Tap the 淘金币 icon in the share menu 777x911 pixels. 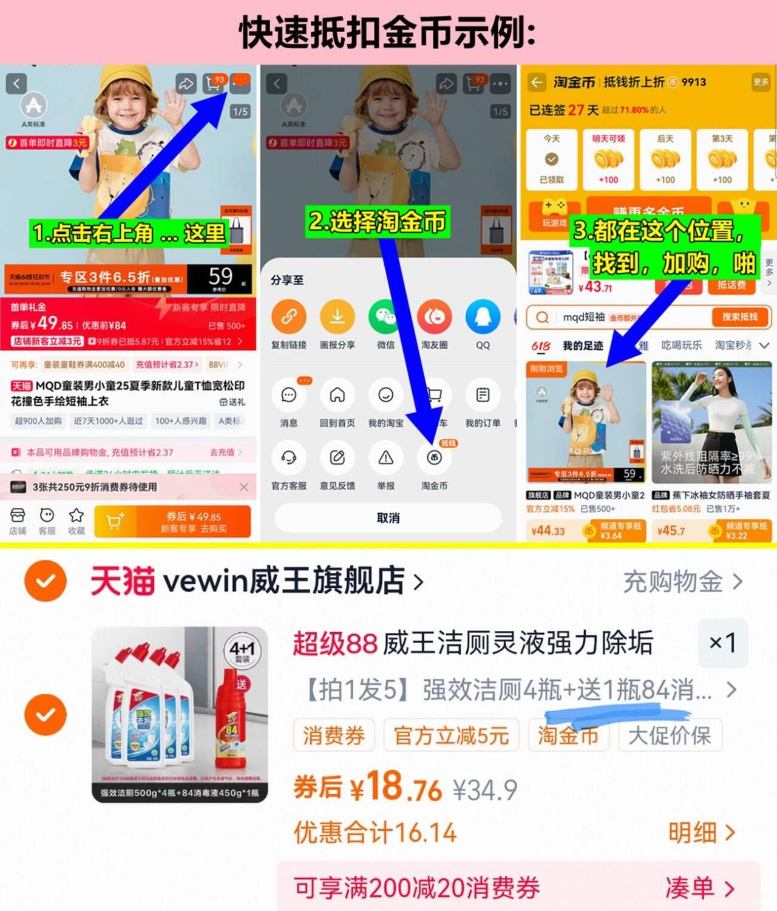coord(434,458)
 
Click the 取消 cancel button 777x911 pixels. coord(388,518)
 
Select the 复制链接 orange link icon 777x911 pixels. coord(288,316)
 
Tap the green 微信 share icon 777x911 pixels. coord(385,316)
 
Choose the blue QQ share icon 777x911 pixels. coord(483,316)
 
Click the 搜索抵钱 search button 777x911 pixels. coord(739,317)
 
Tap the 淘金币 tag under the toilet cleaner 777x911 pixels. coord(568,735)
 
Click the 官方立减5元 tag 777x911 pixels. coord(451,735)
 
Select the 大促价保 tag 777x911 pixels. coord(670,735)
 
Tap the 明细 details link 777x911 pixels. coord(701,833)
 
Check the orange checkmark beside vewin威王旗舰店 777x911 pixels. coord(46,581)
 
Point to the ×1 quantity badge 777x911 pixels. coord(722,642)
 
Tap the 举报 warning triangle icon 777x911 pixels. coord(385,458)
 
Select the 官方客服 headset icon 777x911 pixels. coord(288,458)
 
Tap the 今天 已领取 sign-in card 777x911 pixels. coord(551,159)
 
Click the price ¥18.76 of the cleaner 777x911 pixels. coord(395,788)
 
